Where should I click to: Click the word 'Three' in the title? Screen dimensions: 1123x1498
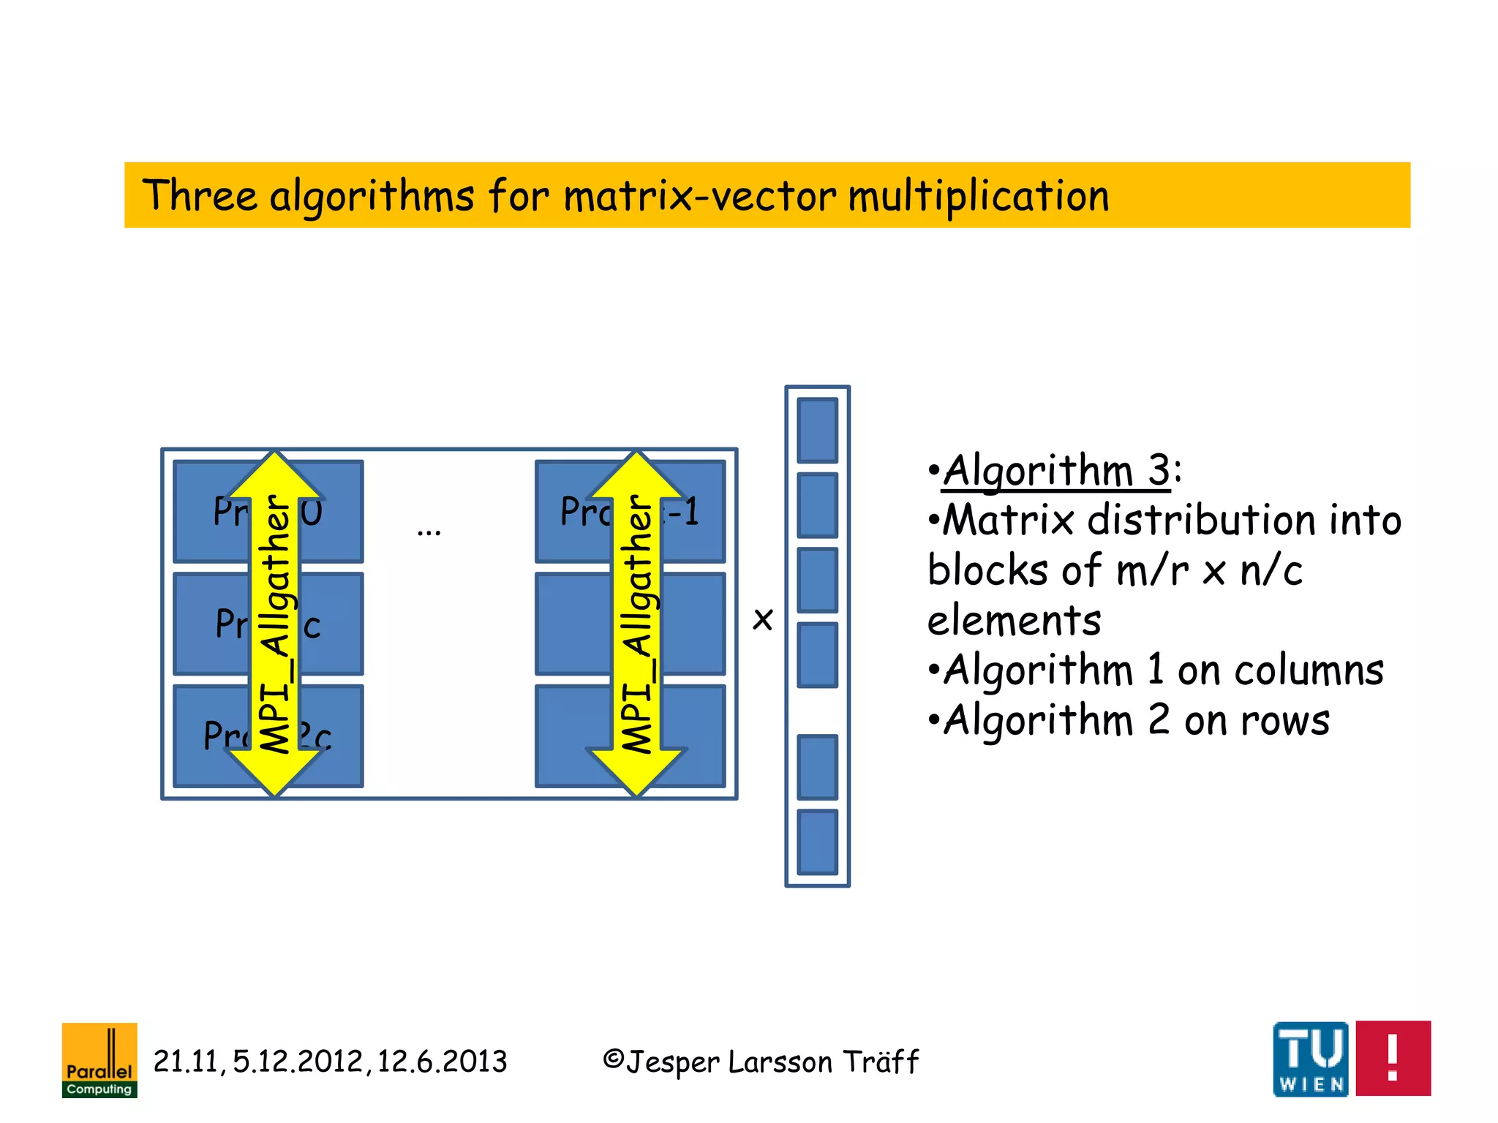pyautogui.click(x=200, y=196)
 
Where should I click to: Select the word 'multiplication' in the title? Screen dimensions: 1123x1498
pyautogui.click(x=979, y=196)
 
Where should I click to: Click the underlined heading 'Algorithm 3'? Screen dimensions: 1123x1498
pyautogui.click(x=1056, y=470)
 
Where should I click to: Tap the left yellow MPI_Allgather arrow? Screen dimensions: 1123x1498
pyautogui.click(x=275, y=624)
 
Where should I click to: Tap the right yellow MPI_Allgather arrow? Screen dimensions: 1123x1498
pyautogui.click(x=636, y=624)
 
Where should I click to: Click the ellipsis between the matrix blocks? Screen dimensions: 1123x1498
pyautogui.click(x=429, y=531)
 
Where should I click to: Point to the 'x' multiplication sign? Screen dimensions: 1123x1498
pyautogui.click(x=762, y=619)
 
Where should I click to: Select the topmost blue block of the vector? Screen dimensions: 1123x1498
pyautogui.click(x=817, y=430)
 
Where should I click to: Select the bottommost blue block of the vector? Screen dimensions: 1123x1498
pyautogui.click(x=817, y=842)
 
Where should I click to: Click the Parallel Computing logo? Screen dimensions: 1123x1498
pyautogui.click(x=99, y=1059)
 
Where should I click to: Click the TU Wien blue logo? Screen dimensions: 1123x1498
pyautogui.click(x=1310, y=1059)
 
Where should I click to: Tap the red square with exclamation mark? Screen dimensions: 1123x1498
pyautogui.click(x=1393, y=1058)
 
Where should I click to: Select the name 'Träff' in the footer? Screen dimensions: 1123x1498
pyautogui.click(x=880, y=1062)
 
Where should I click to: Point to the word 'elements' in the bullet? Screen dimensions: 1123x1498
pyautogui.click(x=1014, y=621)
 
